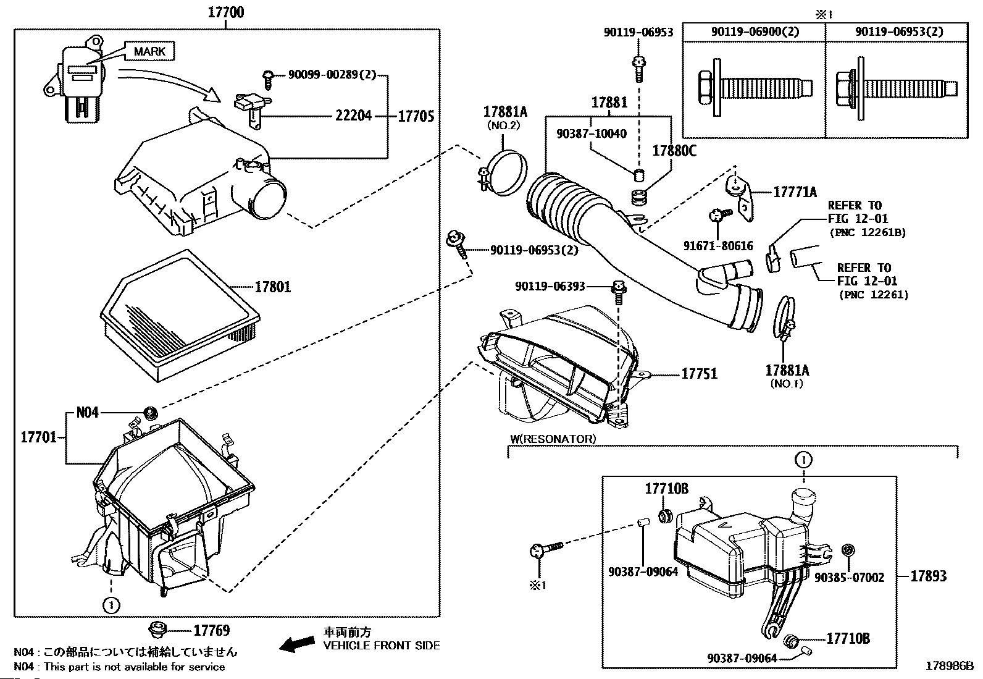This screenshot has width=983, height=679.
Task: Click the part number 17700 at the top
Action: [x=225, y=11]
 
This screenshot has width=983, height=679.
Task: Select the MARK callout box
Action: [x=149, y=51]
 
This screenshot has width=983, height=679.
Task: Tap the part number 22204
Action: [x=353, y=115]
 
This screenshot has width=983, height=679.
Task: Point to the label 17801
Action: [x=272, y=287]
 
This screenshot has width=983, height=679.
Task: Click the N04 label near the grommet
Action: [x=87, y=412]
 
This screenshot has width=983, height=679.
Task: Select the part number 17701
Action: [x=39, y=437]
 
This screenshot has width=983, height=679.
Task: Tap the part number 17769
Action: [x=211, y=630]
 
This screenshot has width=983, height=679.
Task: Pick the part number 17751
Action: [x=699, y=373]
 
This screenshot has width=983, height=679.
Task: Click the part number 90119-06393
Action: [x=550, y=286]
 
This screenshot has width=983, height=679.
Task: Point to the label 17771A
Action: [x=795, y=192]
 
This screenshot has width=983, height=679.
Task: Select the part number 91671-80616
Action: [x=718, y=246]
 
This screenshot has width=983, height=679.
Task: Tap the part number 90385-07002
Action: [x=849, y=578]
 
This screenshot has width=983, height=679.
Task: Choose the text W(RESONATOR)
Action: [x=553, y=439]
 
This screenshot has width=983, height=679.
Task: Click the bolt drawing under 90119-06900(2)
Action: [x=753, y=87]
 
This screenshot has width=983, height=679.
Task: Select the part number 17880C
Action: [x=674, y=150]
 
